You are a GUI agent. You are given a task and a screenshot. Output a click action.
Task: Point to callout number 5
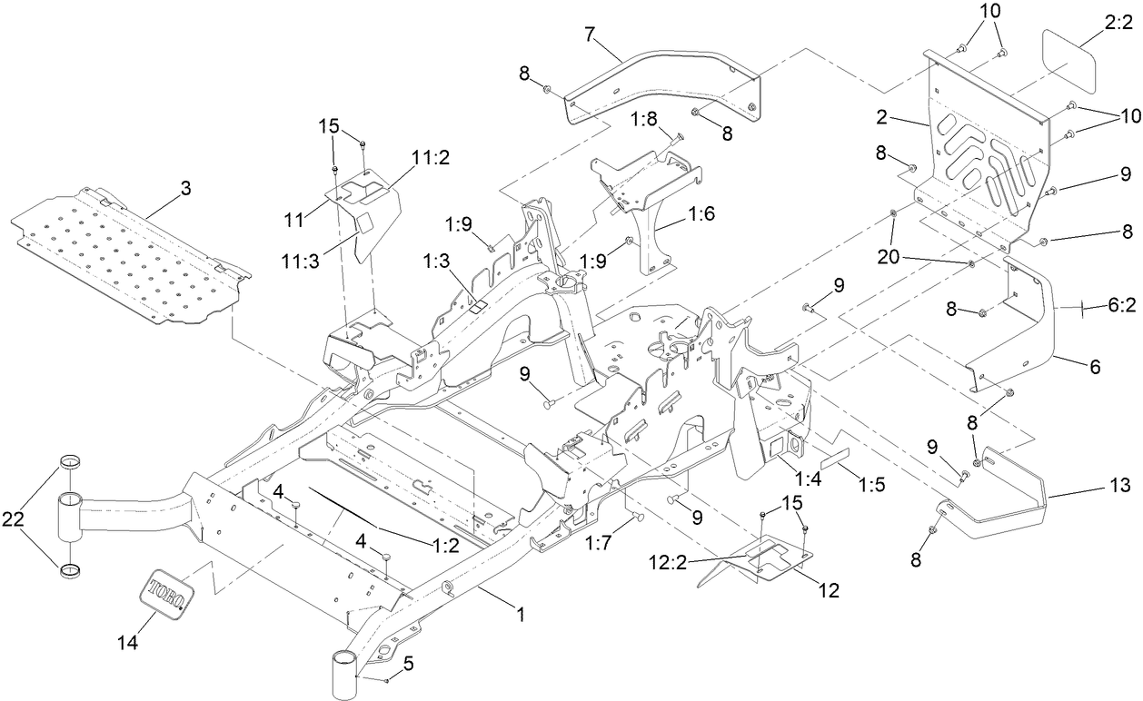(408, 664)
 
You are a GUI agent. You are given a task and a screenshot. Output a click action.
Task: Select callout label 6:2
(1121, 307)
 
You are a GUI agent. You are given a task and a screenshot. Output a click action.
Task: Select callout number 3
(185, 190)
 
